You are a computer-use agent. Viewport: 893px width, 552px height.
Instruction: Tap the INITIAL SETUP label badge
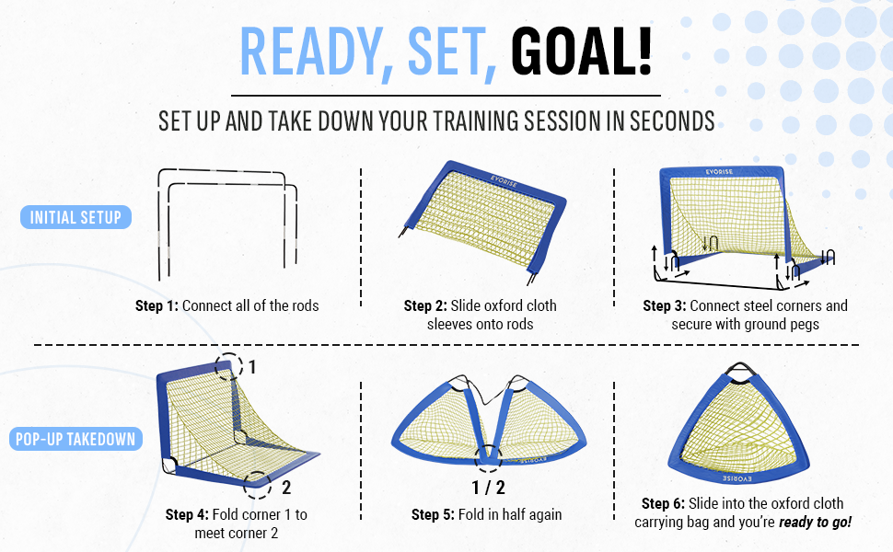click(75, 218)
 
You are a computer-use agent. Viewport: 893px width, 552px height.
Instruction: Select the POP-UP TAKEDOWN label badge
click(75, 439)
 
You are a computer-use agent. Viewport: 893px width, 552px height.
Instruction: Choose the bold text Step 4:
click(189, 514)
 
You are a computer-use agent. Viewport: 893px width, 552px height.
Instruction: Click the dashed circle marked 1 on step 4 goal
click(227, 365)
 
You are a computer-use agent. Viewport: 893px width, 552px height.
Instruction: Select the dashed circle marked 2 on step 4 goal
click(258, 485)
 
